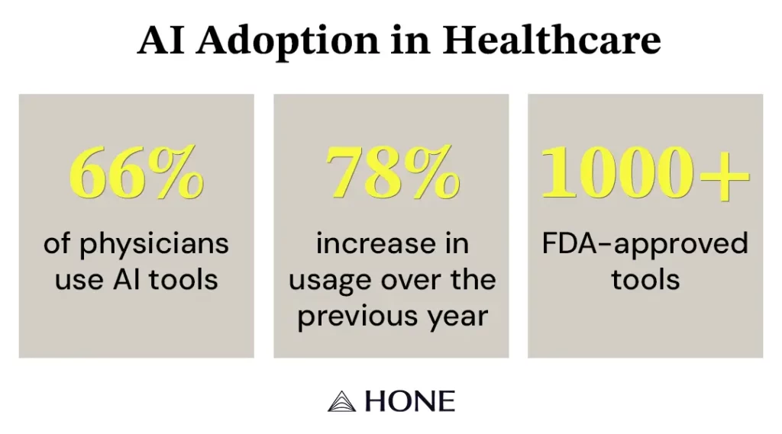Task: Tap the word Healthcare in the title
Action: pyautogui.click(x=551, y=39)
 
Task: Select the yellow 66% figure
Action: pyautogui.click(x=136, y=172)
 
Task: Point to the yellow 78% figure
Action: pyautogui.click(x=392, y=172)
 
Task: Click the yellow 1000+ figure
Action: pyautogui.click(x=645, y=172)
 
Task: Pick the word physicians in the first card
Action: pyautogui.click(x=153, y=245)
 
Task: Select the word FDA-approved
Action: pyautogui.click(x=645, y=245)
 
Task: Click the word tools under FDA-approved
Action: pyautogui.click(x=645, y=279)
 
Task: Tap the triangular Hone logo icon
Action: pyautogui.click(x=341, y=402)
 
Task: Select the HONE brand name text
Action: pyautogui.click(x=410, y=402)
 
